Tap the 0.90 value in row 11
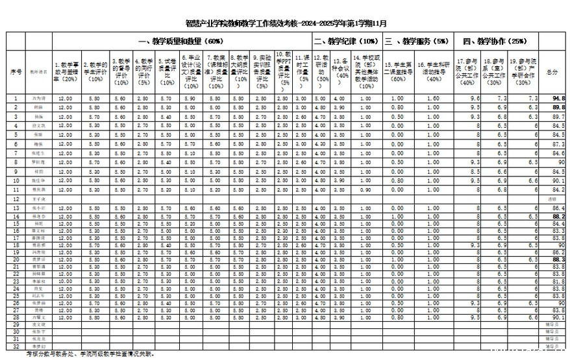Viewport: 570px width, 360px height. pyautogui.click(x=367, y=189)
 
